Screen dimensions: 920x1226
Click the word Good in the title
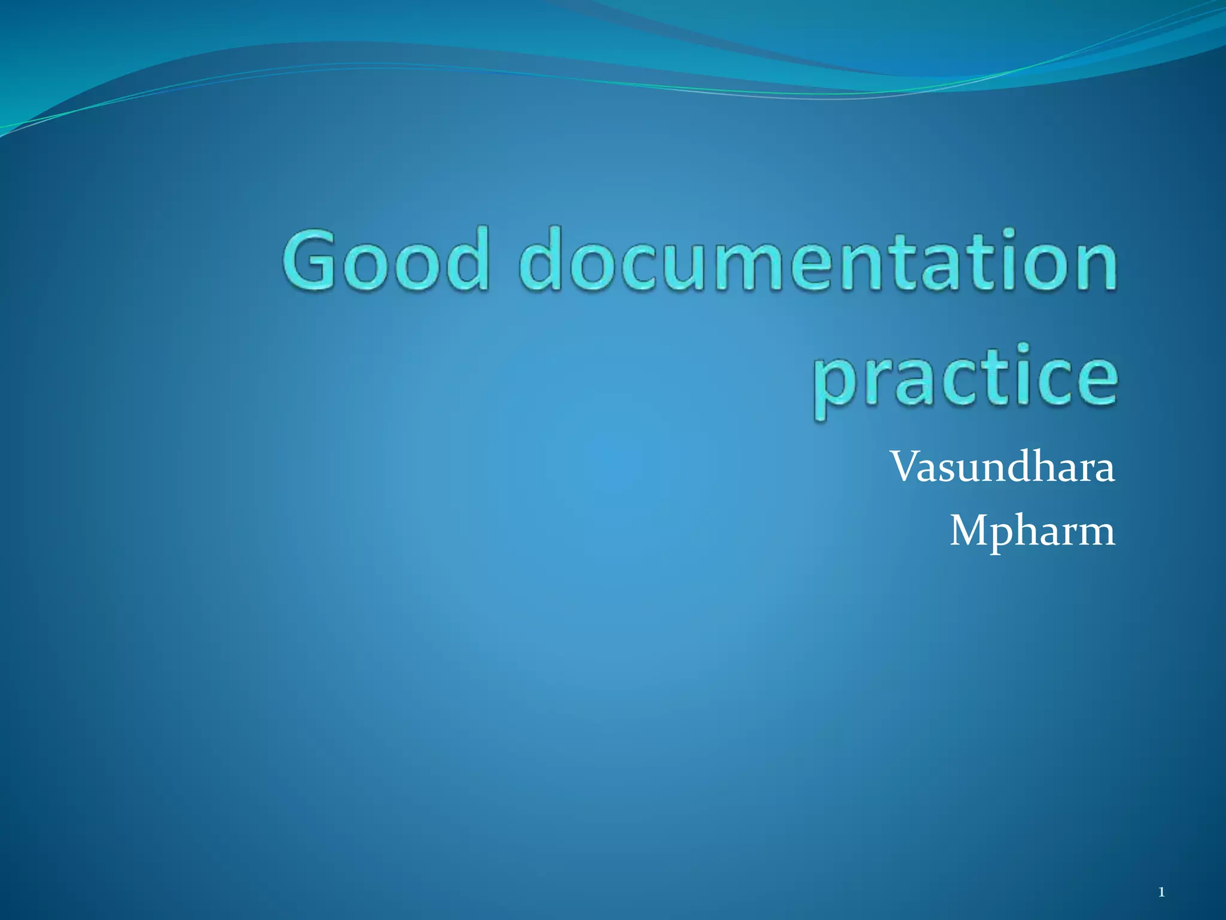[x=386, y=260]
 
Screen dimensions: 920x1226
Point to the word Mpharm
[x=1032, y=531]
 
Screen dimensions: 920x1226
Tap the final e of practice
[x=1094, y=380]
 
